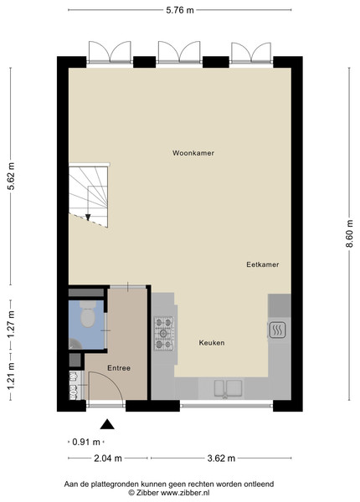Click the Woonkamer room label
click(193, 153)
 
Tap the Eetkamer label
click(263, 264)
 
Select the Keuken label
click(212, 343)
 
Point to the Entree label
click(119, 368)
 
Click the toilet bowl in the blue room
click(87, 314)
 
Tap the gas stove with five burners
click(164, 333)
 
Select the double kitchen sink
click(228, 388)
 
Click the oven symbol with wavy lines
click(277, 330)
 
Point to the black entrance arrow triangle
click(107, 424)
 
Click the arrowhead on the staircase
click(88, 218)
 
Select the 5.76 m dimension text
click(180, 10)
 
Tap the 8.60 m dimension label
click(349, 233)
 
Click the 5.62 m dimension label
click(11, 176)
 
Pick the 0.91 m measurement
click(86, 442)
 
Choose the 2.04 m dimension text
click(108, 458)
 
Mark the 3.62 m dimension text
click(221, 458)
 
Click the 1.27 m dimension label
click(11, 325)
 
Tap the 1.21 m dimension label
click(11, 376)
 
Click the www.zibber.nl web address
click(185, 493)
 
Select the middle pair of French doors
click(179, 51)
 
